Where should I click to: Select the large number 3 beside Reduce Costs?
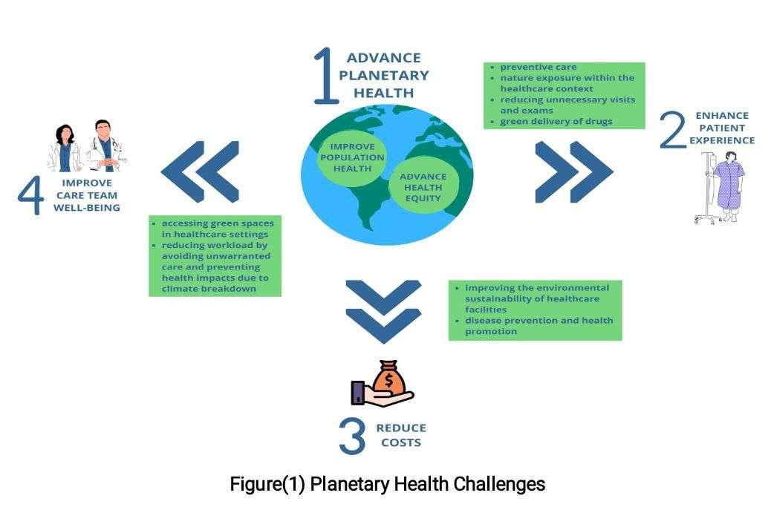point(352,436)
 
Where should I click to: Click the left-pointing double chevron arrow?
point(201,171)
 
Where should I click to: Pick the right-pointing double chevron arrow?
point(573,171)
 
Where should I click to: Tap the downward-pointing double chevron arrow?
point(383,311)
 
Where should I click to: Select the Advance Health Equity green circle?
point(423,187)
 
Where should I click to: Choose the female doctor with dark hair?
point(65,148)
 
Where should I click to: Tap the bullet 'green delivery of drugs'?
point(556,121)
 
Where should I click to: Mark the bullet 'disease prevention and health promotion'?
point(539,325)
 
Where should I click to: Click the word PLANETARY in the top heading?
point(388,75)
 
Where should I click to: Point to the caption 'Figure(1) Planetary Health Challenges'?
point(387,485)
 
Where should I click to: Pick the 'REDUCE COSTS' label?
point(401,435)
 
